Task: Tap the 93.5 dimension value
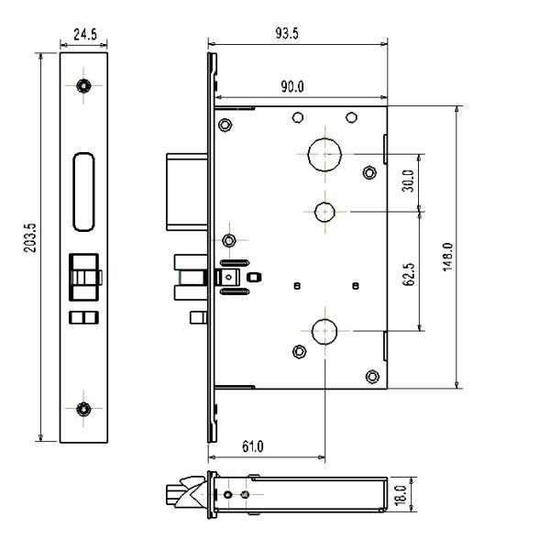(x=298, y=33)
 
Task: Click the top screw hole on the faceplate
(x=84, y=86)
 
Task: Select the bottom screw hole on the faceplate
(x=84, y=407)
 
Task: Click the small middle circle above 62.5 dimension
(x=324, y=212)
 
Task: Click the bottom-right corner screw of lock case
(x=371, y=376)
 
